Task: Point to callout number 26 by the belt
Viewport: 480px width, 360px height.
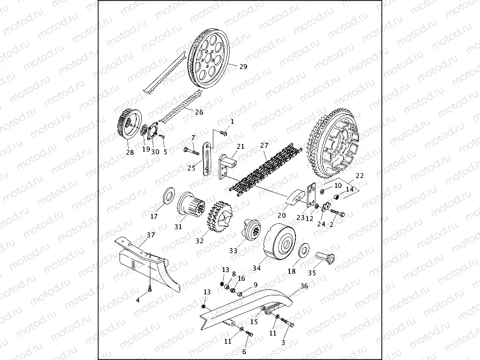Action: coord(199,112)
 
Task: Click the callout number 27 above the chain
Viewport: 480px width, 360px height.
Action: coord(264,146)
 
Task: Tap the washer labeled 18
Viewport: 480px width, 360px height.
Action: coord(305,251)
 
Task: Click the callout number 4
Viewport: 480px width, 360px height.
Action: coord(138,300)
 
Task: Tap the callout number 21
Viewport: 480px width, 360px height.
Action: coord(241,147)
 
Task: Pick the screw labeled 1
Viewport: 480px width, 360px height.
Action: coord(224,130)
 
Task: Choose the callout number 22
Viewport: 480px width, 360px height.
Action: coord(359,176)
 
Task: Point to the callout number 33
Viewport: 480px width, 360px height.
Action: coord(233,251)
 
